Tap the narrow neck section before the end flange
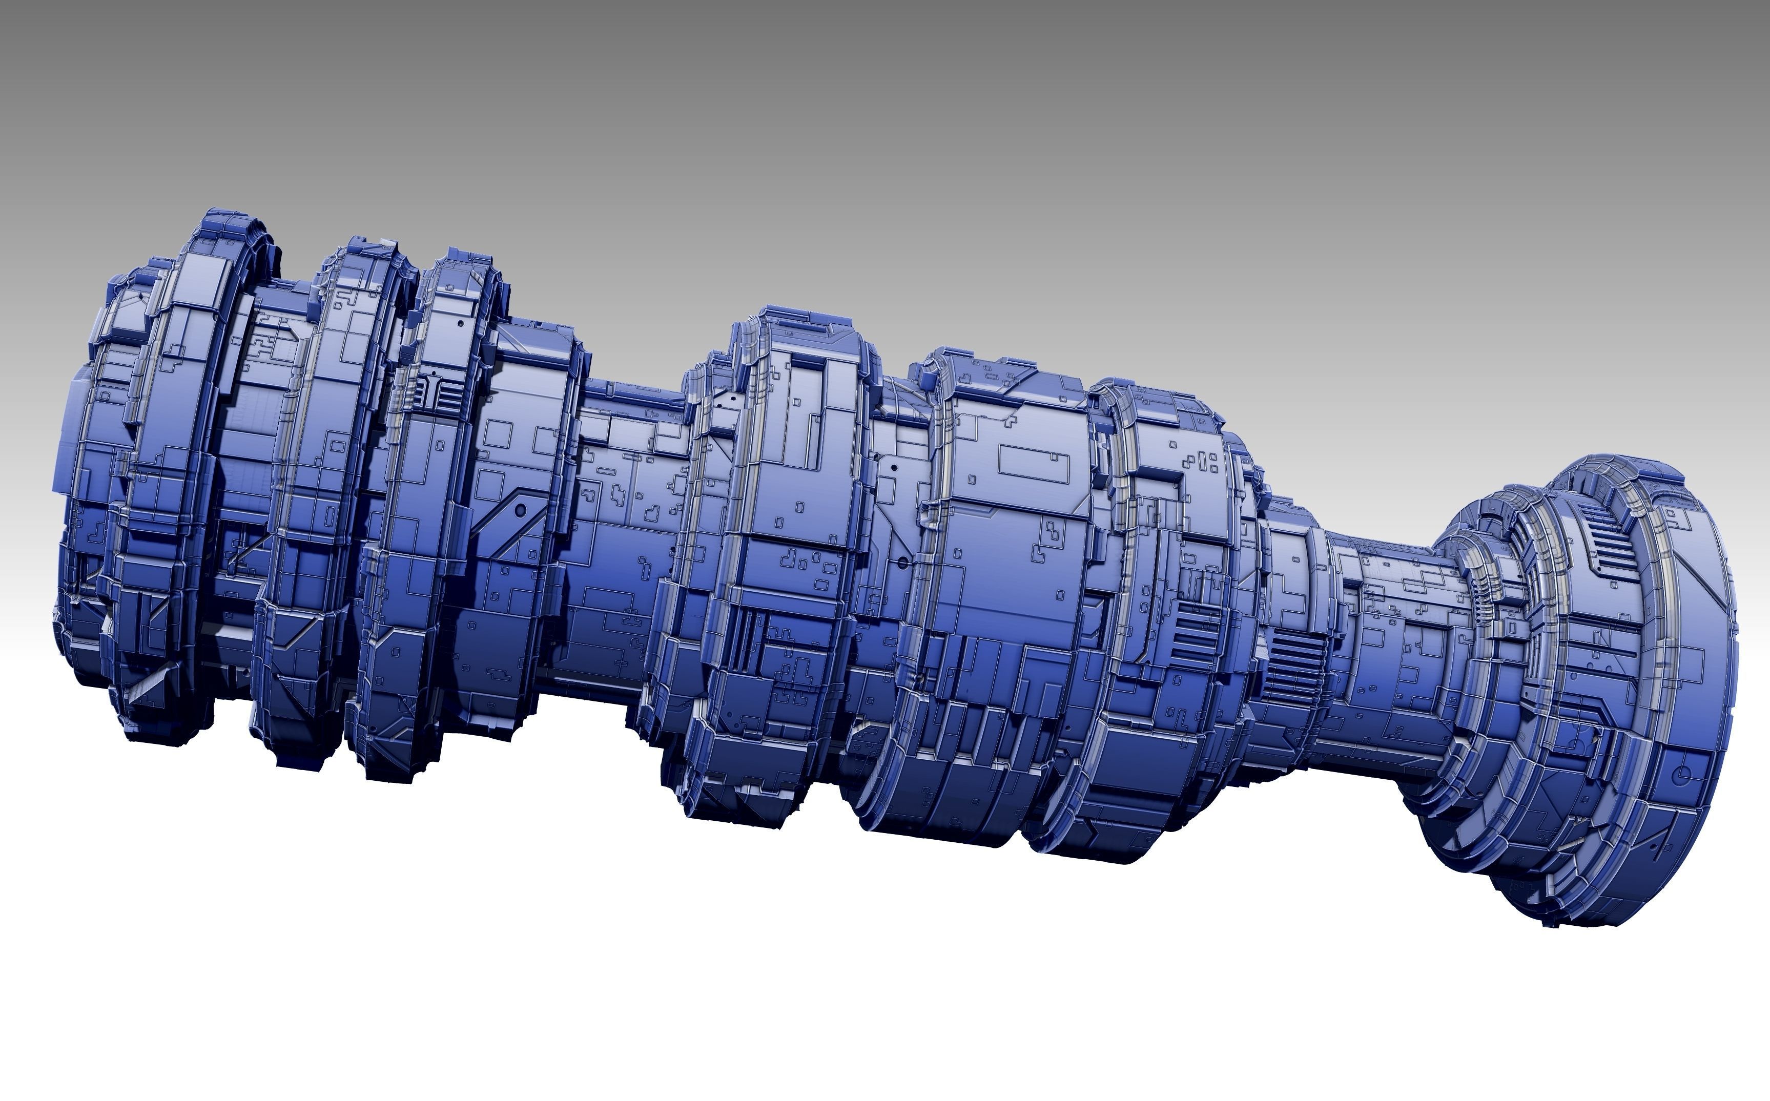pos(1376,619)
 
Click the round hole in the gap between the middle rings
pos(903,563)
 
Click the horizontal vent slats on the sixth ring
pos(1195,634)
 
